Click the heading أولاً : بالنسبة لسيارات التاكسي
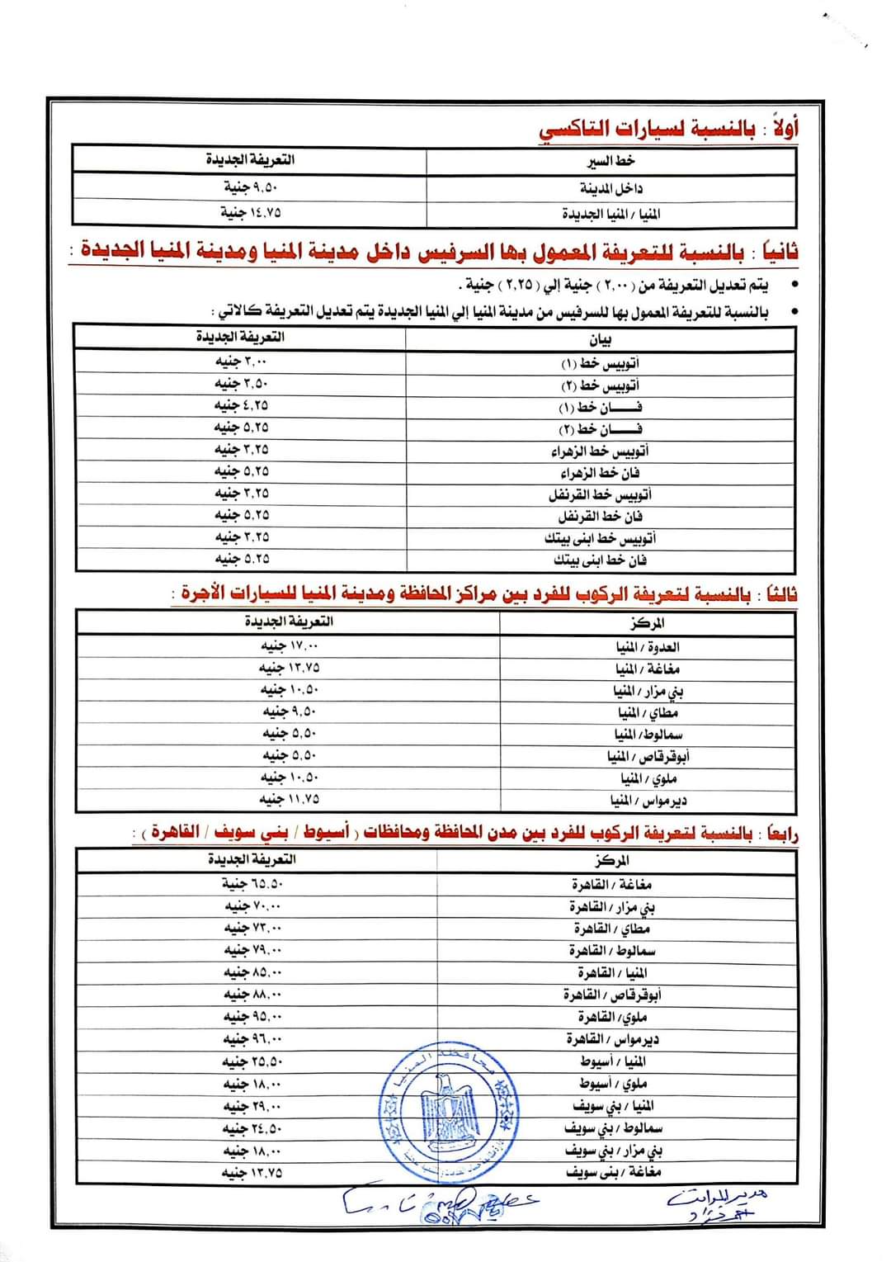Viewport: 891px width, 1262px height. point(668,129)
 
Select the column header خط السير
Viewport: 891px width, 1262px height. point(610,161)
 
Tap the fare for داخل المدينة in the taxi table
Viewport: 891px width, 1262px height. point(251,187)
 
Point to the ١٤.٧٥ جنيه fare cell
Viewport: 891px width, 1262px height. point(251,212)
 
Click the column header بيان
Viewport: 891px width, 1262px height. point(600,339)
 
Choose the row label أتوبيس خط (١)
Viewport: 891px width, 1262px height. point(600,363)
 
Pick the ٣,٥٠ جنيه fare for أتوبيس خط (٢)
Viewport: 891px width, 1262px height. point(241,384)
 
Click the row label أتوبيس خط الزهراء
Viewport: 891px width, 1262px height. point(600,451)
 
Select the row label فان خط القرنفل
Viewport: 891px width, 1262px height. point(600,517)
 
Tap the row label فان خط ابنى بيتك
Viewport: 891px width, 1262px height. point(600,560)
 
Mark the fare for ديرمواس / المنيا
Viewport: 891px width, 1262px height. point(290,799)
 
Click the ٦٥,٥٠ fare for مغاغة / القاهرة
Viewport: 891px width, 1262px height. point(252,884)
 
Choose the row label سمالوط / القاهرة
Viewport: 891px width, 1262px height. point(612,951)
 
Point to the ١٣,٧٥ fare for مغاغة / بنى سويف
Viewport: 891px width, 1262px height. point(252,1172)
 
